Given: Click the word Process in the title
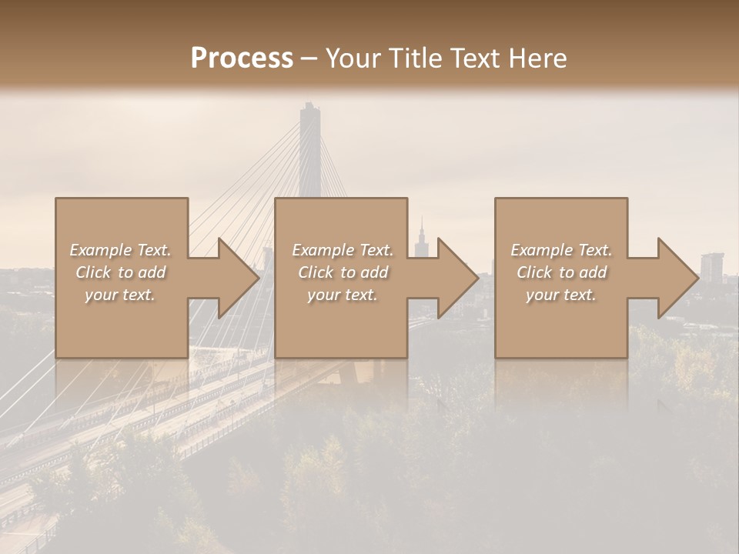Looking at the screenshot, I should click(242, 58).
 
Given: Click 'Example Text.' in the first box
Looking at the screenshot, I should click(121, 250).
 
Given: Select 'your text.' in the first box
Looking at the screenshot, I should click(121, 295).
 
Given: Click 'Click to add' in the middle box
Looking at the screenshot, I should click(343, 272).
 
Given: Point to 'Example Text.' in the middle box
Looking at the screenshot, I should click(343, 250).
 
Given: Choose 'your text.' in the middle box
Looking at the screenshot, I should click(343, 295).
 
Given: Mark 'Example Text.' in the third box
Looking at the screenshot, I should click(561, 250).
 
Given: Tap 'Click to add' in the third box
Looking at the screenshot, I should click(561, 272).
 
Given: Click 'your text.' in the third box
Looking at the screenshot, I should click(561, 295).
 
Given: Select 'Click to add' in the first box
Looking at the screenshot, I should click(121, 272).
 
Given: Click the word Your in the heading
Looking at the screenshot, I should click(352, 58).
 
